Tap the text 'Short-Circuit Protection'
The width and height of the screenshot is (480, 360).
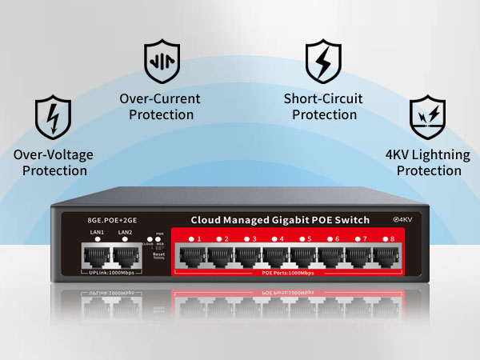(323, 106)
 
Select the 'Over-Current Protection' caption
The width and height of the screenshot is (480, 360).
(160, 106)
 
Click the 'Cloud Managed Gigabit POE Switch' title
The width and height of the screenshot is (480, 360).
(280, 220)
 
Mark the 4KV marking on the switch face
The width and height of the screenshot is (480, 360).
(402, 220)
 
